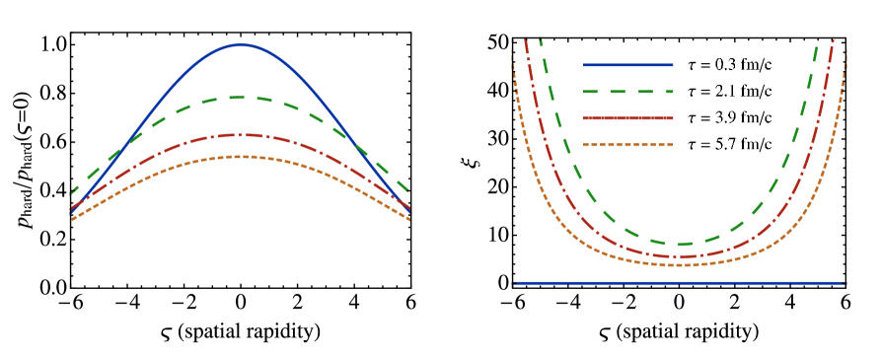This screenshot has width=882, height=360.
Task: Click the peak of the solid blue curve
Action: (x=241, y=45)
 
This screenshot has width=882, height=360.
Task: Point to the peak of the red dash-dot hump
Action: (x=240, y=135)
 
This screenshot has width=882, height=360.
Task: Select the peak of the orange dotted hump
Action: (x=240, y=157)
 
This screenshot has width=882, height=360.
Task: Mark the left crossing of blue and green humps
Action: (x=116, y=156)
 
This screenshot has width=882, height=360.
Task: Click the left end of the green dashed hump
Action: (x=72, y=192)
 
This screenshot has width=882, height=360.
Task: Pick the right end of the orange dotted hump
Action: (x=408, y=219)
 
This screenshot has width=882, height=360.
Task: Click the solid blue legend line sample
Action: (x=628, y=65)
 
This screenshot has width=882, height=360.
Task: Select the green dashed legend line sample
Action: (x=628, y=92)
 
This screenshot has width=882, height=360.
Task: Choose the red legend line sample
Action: (x=628, y=118)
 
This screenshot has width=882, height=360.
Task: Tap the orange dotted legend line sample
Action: (x=628, y=145)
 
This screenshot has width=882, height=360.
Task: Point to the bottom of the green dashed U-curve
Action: (x=680, y=245)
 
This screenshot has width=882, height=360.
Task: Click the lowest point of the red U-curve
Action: (x=680, y=256)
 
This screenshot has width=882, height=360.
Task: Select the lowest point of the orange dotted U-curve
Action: (x=680, y=265)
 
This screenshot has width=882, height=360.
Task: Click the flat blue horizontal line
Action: (x=680, y=283)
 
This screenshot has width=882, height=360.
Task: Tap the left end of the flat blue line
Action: (x=515, y=283)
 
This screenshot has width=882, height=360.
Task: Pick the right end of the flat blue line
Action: (x=845, y=283)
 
